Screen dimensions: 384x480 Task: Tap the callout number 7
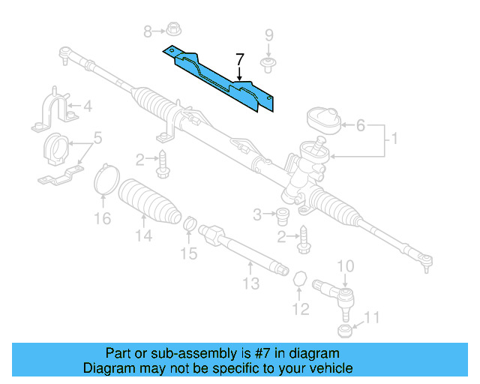pos(239,60)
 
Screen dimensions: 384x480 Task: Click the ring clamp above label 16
pos(106,181)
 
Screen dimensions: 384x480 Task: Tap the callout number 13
pos(250,283)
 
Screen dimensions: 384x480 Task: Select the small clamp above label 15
pos(191,223)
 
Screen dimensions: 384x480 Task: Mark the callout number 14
pos(143,236)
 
